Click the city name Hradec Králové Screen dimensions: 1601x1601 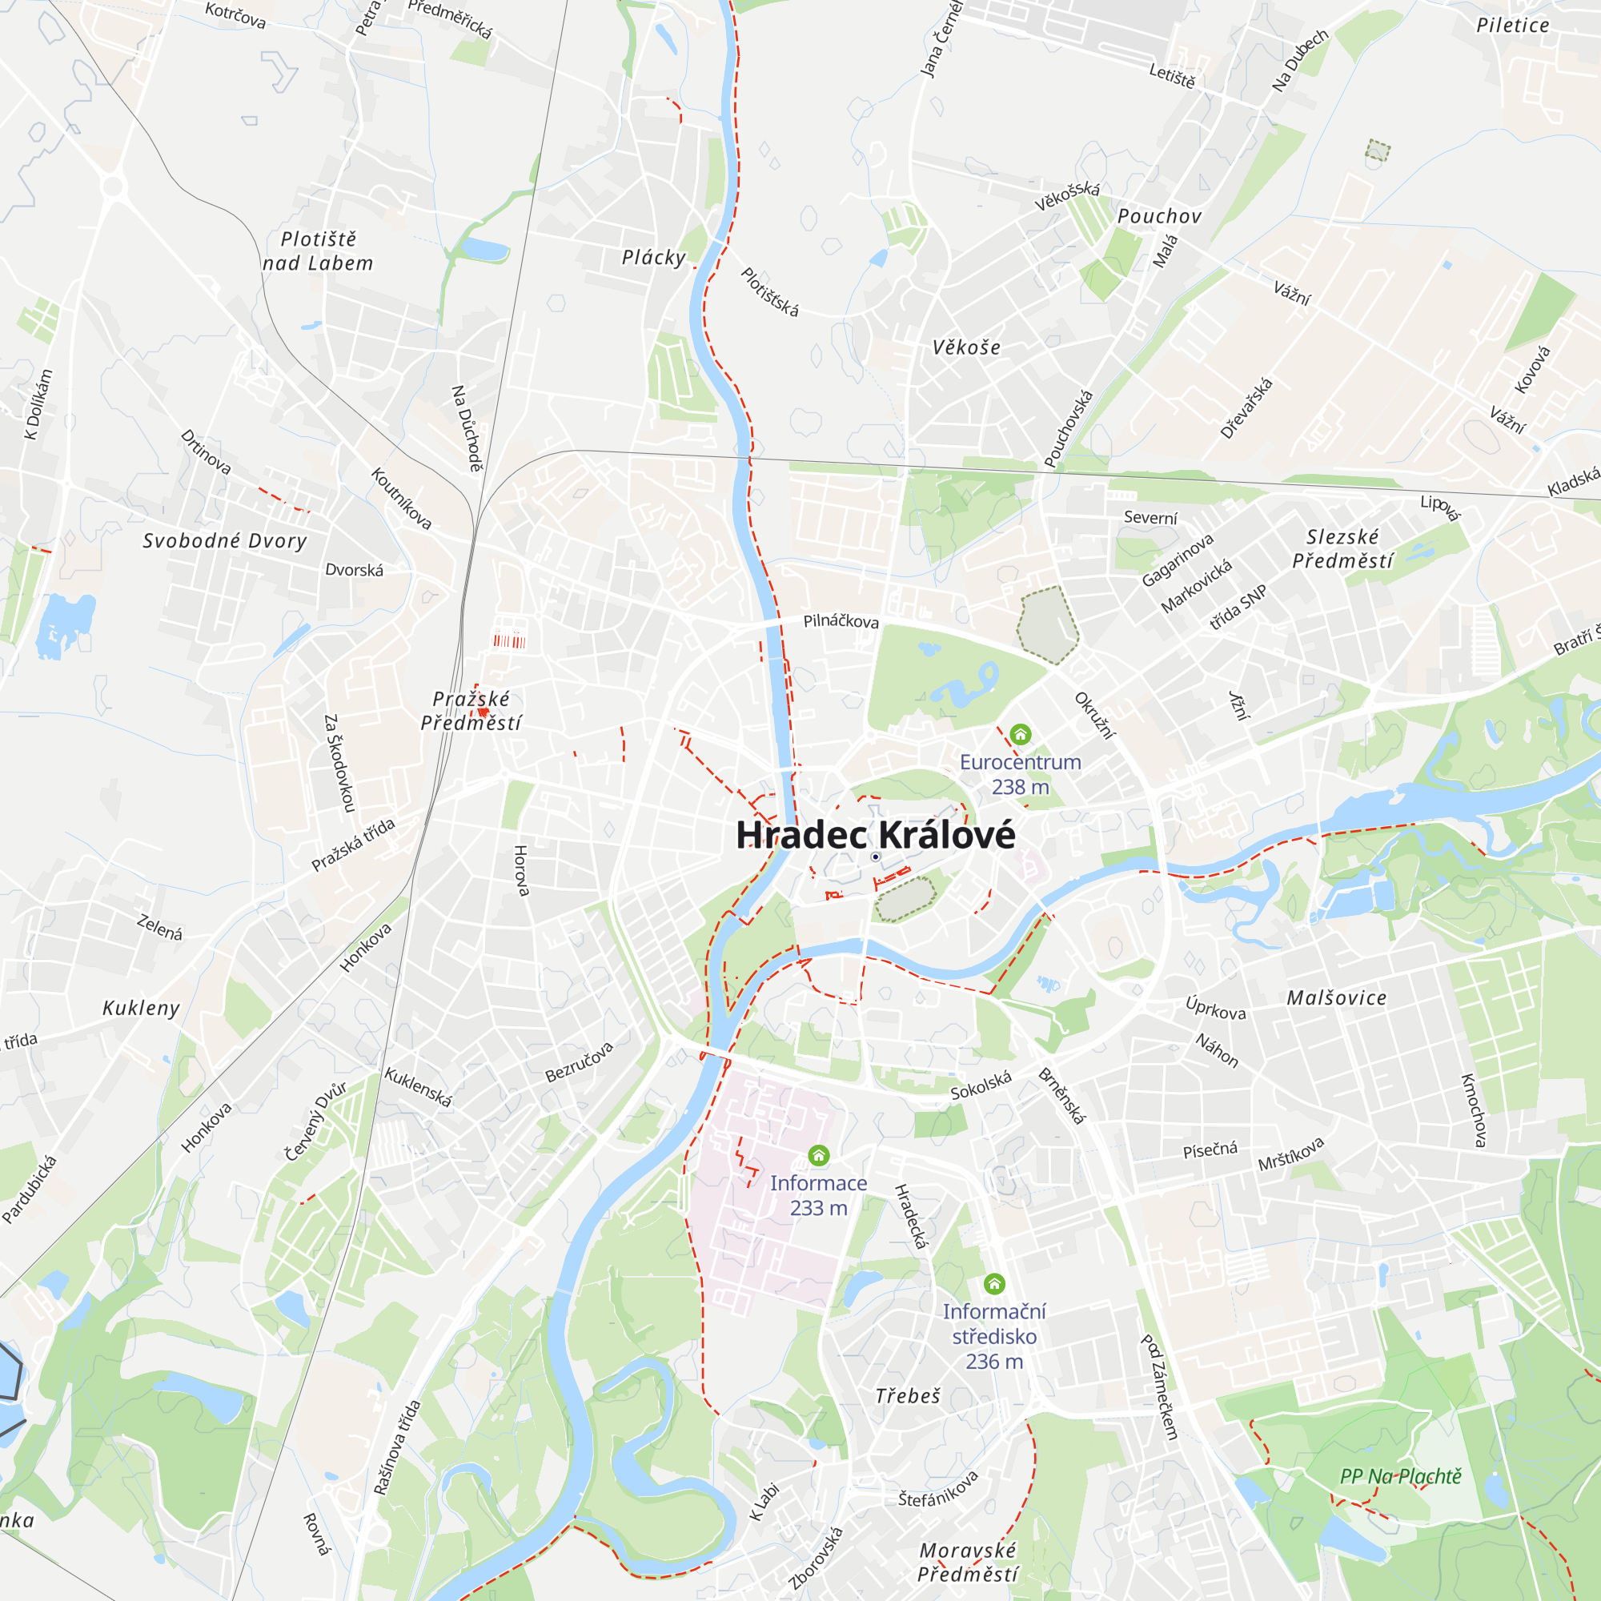[x=875, y=834]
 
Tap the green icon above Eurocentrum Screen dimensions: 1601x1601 [x=1020, y=734]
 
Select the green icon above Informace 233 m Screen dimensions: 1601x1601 [x=819, y=1155]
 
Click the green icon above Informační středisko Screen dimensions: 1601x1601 [x=994, y=1284]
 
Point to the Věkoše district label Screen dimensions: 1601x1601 [x=966, y=347]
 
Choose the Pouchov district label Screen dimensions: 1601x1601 [x=1159, y=216]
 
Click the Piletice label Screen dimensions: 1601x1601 [x=1512, y=26]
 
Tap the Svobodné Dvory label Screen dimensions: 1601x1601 [x=225, y=541]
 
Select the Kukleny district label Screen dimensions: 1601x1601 [x=141, y=1009]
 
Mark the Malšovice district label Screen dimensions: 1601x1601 [x=1336, y=998]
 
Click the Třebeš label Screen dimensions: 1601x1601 [x=909, y=1396]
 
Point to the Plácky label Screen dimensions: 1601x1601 [x=654, y=258]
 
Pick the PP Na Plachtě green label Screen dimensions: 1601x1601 [x=1400, y=1476]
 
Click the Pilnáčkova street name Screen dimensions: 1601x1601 [x=841, y=621]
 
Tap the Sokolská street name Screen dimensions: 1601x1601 [x=981, y=1085]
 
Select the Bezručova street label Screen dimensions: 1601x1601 [x=580, y=1062]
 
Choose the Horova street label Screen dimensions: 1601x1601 [x=521, y=870]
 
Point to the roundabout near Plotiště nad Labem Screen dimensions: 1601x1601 [x=114, y=187]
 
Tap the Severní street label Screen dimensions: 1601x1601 [x=1150, y=518]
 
